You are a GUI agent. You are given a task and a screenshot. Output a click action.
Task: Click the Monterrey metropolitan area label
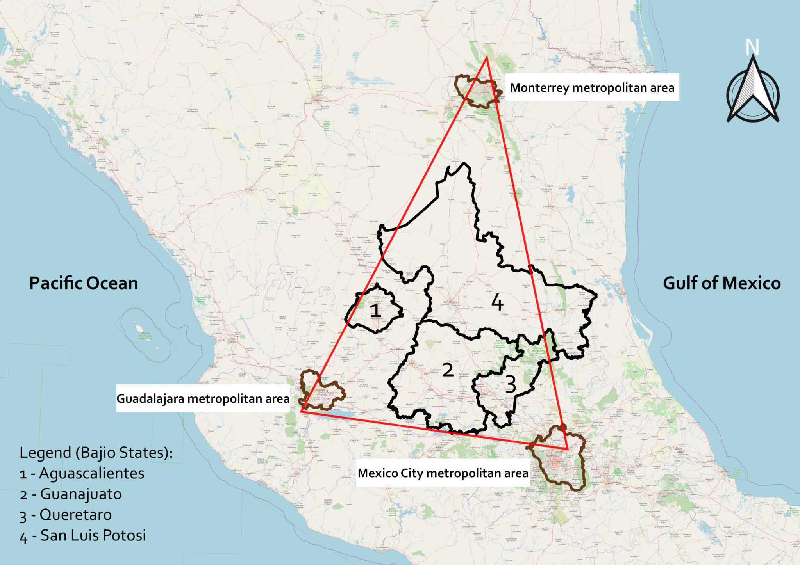click(592, 88)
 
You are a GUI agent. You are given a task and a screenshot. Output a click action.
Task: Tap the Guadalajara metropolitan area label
click(203, 398)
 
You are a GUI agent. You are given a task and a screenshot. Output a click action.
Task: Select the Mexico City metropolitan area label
click(443, 473)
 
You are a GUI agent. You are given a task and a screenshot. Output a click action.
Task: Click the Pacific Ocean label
click(84, 283)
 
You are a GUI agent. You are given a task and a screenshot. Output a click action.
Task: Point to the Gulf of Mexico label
click(721, 283)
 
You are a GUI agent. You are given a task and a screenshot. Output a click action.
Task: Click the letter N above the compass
click(752, 48)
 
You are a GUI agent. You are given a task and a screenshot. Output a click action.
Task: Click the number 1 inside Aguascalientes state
click(375, 311)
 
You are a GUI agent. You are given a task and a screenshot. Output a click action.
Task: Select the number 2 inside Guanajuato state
click(448, 370)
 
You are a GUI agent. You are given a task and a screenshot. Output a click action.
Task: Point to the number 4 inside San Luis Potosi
click(497, 302)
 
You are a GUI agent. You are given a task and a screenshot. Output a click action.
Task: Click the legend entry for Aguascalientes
click(82, 473)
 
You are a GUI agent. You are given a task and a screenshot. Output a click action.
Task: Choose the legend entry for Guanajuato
click(71, 494)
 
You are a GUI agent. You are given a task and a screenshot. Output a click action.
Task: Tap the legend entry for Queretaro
click(66, 515)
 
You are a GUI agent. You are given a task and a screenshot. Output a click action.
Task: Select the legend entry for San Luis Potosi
click(83, 535)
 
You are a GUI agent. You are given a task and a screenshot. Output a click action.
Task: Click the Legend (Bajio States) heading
click(96, 453)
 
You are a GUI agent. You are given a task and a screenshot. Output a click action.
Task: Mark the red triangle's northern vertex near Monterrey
click(487, 57)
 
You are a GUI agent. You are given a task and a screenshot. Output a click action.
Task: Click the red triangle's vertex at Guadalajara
click(301, 411)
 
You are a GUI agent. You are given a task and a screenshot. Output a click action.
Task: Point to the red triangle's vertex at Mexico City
click(567, 449)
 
